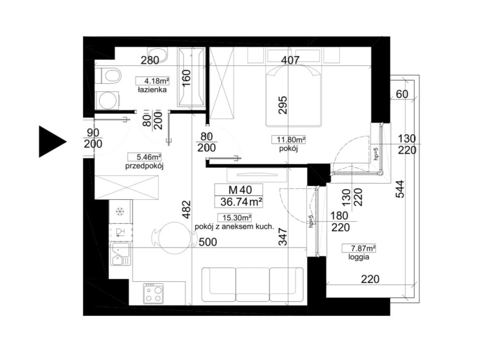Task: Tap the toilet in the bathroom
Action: [108, 76]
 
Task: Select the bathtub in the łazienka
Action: [191, 77]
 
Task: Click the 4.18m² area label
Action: [153, 81]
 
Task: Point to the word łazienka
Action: [153, 90]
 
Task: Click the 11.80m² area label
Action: [288, 140]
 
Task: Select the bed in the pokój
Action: [293, 96]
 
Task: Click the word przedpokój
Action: [144, 166]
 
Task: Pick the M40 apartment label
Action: [240, 189]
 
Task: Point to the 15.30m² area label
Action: [234, 218]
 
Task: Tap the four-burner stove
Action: [154, 294]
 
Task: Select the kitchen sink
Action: [121, 254]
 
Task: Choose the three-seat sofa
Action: [252, 285]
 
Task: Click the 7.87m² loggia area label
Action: [359, 248]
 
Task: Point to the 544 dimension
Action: [399, 188]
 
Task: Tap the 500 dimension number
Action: [208, 242]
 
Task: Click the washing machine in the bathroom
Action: [108, 100]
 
